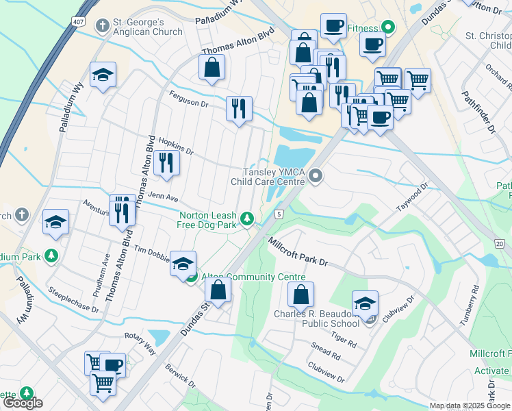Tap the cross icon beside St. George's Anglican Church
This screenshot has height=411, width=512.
[x=103, y=26]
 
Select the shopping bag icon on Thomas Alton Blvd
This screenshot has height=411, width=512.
[x=212, y=67]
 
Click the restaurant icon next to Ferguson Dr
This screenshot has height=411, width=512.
[x=239, y=108]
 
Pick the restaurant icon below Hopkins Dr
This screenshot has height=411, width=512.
[x=166, y=163]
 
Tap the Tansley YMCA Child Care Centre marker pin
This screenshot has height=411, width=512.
[x=316, y=177]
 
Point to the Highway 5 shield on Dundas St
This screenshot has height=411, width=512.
[x=279, y=214]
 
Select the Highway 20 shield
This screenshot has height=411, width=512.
[x=499, y=243]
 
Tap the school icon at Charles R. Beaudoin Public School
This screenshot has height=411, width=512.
[x=365, y=303]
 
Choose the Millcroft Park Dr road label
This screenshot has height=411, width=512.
[x=298, y=252]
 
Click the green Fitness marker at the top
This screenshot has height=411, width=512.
[x=387, y=28]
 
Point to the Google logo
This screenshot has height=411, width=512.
[x=22, y=403]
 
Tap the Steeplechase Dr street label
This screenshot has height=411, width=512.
[x=74, y=299]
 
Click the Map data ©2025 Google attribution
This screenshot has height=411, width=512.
[x=470, y=406]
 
